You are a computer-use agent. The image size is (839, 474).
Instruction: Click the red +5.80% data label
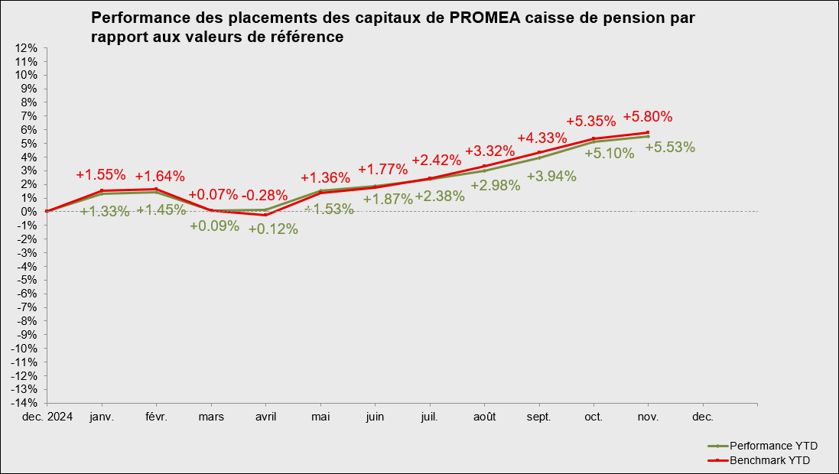pyautogui.click(x=648, y=117)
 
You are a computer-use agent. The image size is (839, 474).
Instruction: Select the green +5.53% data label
pyautogui.click(x=670, y=148)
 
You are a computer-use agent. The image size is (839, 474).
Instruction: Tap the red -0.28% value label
pyautogui.click(x=265, y=195)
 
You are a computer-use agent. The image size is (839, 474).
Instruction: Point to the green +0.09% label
pyautogui.click(x=214, y=226)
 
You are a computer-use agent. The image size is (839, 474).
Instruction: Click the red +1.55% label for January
pyautogui.click(x=101, y=174)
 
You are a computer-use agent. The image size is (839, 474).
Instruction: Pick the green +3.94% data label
pyautogui.click(x=551, y=176)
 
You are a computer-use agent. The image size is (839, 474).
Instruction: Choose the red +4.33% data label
pyautogui.click(x=542, y=138)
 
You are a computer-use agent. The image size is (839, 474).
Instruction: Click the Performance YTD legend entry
pyautogui.click(x=767, y=446)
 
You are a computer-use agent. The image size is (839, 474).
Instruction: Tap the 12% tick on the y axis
pyautogui.click(x=26, y=48)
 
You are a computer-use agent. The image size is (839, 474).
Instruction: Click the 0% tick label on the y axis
pyautogui.click(x=29, y=212)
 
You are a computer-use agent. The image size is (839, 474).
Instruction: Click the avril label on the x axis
pyautogui.click(x=265, y=417)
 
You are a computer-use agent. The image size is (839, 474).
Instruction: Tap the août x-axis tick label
pyautogui.click(x=484, y=417)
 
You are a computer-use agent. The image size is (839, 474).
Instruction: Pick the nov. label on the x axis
pyautogui.click(x=649, y=417)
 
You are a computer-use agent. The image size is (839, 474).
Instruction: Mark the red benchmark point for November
pyautogui.click(x=648, y=132)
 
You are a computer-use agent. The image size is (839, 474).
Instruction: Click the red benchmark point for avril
pyautogui.click(x=265, y=215)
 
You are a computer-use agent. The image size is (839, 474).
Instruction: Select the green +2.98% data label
pyautogui.click(x=496, y=185)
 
